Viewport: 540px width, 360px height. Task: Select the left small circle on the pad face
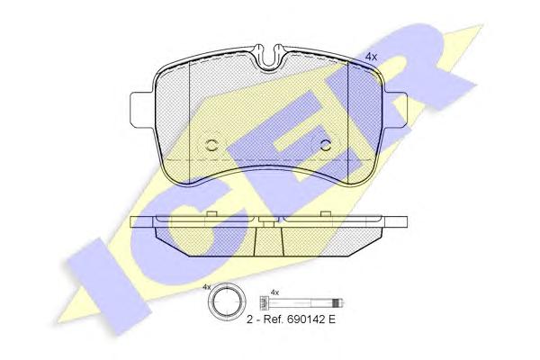click(x=211, y=145)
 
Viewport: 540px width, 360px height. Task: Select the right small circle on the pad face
click(x=325, y=145)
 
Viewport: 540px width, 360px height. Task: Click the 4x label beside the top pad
click(x=371, y=58)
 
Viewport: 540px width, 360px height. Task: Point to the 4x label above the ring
click(x=207, y=286)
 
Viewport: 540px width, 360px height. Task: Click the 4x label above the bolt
click(x=274, y=292)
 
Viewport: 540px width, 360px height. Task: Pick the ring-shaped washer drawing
click(x=226, y=302)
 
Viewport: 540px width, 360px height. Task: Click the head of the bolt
click(x=264, y=303)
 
